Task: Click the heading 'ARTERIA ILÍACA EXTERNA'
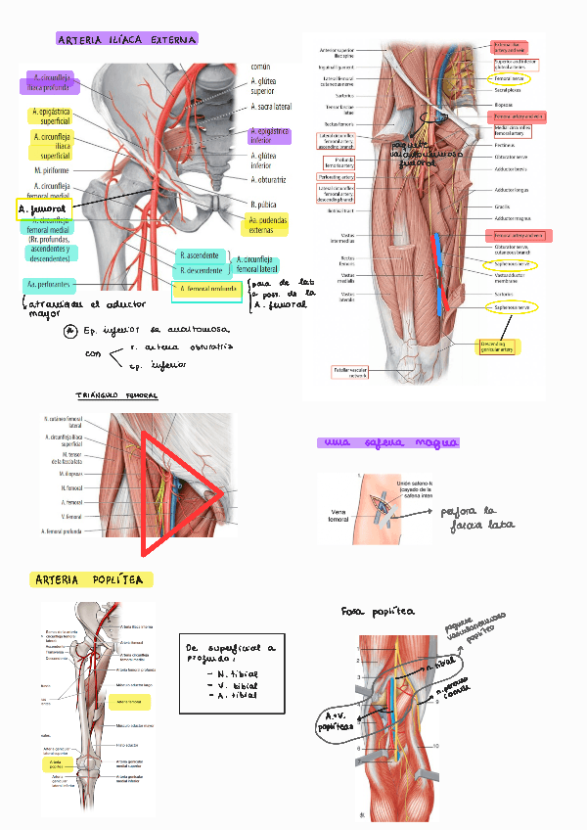(x=127, y=40)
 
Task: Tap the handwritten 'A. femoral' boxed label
(x=42, y=208)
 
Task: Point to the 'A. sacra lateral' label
(x=271, y=106)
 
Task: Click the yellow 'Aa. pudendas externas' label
(x=264, y=227)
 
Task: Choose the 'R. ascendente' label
(x=201, y=256)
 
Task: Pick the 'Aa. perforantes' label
(x=48, y=285)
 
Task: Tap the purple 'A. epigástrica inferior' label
(x=270, y=135)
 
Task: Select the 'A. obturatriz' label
(x=269, y=179)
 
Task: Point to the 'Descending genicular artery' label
(x=499, y=347)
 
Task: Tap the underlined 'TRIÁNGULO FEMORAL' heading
(x=116, y=395)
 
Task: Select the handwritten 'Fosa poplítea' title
(x=378, y=611)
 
